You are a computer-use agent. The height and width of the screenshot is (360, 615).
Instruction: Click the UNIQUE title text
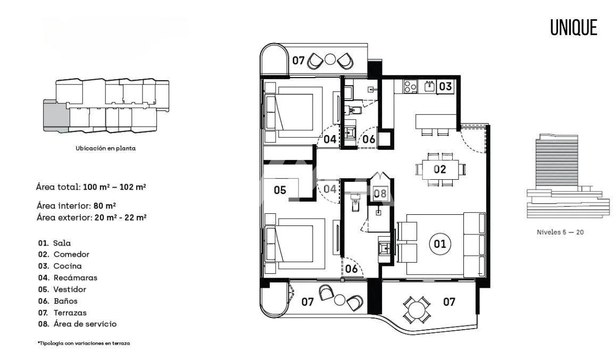coord(574,28)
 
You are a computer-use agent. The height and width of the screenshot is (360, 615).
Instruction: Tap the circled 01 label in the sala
coord(439,244)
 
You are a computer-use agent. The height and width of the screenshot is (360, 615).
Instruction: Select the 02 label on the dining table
coord(439,170)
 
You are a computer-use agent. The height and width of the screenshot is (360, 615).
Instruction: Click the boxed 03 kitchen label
coord(445,86)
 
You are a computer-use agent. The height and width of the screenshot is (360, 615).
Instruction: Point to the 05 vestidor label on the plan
coord(280,190)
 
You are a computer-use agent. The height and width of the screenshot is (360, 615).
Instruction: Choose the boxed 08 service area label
coord(380,193)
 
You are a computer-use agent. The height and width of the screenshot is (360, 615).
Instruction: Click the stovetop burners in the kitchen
coord(410,86)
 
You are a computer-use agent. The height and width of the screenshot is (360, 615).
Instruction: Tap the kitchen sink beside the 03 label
coord(429,86)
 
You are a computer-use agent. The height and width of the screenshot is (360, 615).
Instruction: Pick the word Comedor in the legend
coord(71,254)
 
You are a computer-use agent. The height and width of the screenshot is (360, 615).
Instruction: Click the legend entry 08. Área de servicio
coord(77,324)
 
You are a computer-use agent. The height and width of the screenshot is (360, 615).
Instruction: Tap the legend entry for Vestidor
coord(62,289)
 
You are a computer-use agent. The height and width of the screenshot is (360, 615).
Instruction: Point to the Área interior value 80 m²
coord(105,205)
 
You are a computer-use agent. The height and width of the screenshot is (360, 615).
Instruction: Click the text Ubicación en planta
coord(105,148)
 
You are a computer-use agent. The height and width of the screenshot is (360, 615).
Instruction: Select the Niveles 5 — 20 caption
coord(560,232)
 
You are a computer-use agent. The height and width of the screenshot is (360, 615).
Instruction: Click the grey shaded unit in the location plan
coord(56,116)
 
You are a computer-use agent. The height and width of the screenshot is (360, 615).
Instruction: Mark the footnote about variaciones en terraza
coord(84,343)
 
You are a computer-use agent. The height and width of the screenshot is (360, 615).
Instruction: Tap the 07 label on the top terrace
coord(298,61)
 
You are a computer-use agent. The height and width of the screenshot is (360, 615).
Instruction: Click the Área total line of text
coord(91,187)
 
